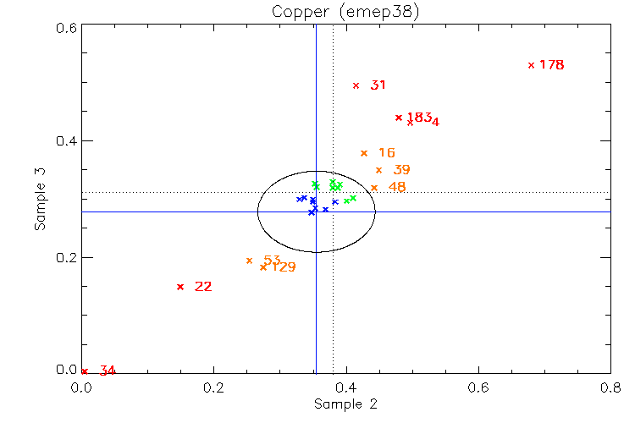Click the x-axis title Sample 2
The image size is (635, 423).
345,404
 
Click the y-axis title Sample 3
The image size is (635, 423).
39,200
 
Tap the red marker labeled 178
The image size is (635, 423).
531,65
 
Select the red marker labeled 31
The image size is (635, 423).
356,85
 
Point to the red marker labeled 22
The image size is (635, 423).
179,287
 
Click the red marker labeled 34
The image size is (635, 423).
84,371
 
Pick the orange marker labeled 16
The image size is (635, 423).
364,153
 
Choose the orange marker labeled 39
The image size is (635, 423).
378,170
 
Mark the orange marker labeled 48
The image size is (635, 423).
373,188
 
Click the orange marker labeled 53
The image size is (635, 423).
249,261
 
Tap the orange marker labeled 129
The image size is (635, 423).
263,267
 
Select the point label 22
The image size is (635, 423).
203,287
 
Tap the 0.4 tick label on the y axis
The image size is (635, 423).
68,141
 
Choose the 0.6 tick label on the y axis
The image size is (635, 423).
68,27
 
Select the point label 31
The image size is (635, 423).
378,85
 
